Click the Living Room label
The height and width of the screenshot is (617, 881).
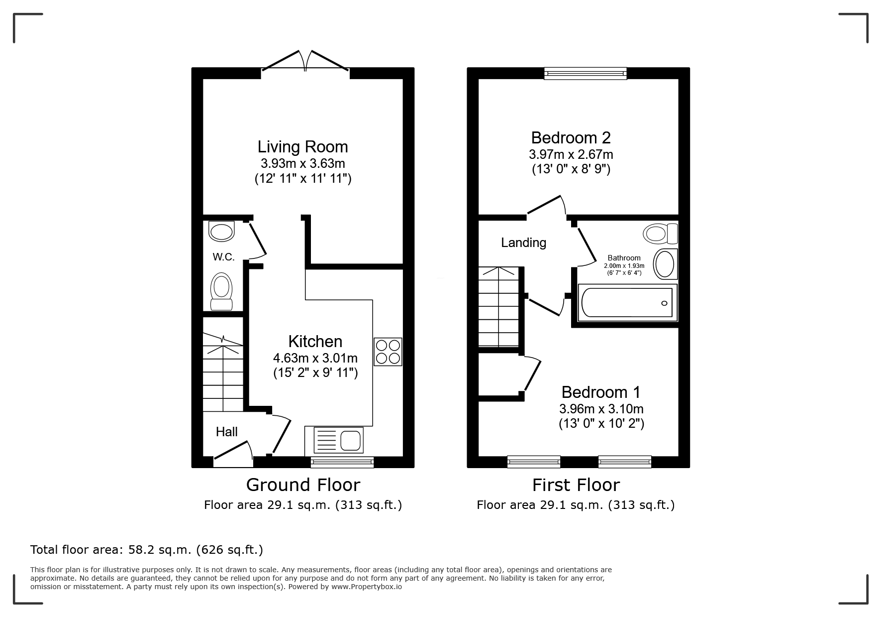pos(302,147)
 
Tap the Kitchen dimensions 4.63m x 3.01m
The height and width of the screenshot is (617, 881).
pos(315,358)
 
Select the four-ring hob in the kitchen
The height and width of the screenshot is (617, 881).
pos(388,352)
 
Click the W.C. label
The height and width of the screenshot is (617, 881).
pos(223,257)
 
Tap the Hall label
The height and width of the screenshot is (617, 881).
pos(226,432)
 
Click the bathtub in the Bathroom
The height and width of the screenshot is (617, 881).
pos(627,302)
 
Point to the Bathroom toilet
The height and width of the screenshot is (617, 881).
pos(660,233)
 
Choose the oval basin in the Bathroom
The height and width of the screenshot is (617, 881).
pos(665,264)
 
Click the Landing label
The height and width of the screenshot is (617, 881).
pos(523,243)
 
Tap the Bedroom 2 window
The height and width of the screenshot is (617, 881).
pos(586,73)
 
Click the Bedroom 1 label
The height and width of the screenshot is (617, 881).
pos(601,392)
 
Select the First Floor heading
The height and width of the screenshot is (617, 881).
pos(576,485)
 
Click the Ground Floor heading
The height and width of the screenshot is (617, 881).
pos(303,485)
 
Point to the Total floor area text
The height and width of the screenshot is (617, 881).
pos(147,550)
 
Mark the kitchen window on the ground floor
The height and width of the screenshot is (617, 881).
pos(342,462)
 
